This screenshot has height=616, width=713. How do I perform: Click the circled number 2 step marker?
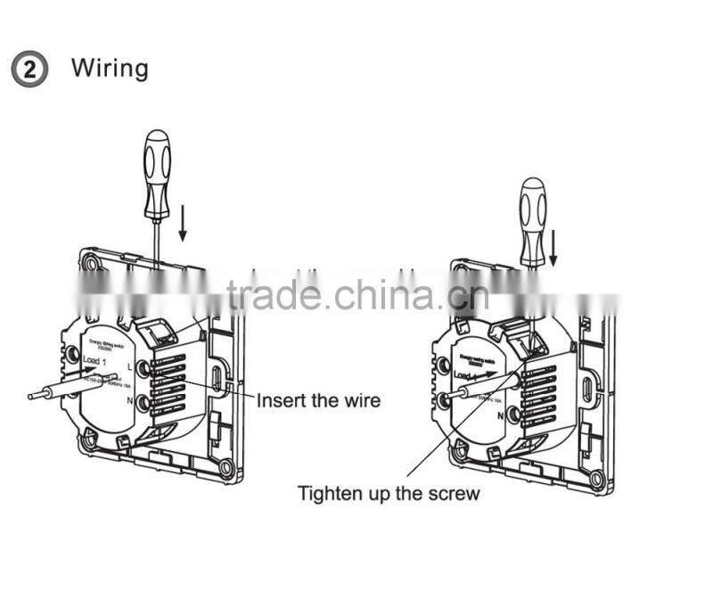click(29, 70)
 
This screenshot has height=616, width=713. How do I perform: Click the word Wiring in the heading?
click(110, 68)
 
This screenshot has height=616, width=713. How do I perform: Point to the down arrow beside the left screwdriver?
click(183, 223)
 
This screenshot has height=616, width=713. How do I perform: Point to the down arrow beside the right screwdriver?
click(553, 246)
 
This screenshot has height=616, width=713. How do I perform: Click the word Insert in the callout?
click(283, 400)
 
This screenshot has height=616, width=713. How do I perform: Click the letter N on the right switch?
click(502, 415)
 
